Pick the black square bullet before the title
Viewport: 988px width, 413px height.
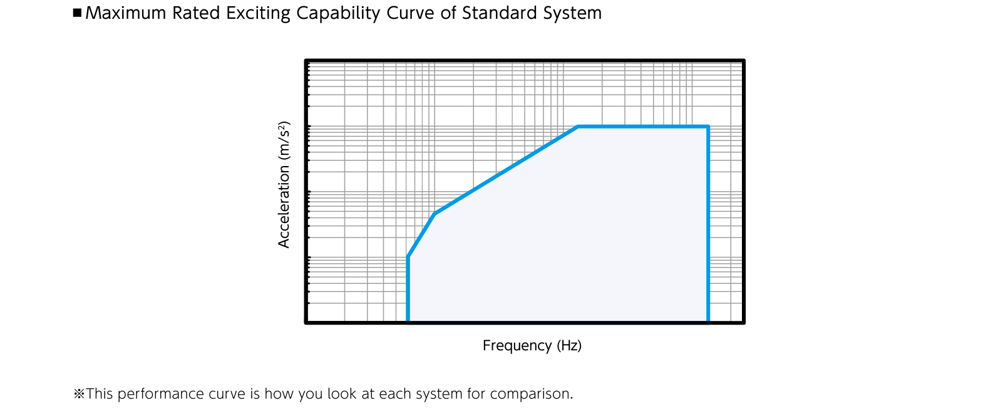[x=77, y=13]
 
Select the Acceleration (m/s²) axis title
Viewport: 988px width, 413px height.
[x=284, y=185]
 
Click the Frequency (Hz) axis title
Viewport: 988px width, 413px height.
[x=532, y=345]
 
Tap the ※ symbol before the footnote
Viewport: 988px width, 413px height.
[x=79, y=394]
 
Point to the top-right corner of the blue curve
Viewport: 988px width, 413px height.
[x=708, y=127]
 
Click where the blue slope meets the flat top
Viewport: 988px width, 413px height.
[x=578, y=127]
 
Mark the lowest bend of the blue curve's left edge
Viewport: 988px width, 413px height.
[x=408, y=256]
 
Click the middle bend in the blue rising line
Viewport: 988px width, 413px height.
[x=435, y=214]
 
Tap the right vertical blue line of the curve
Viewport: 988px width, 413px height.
[x=708, y=224]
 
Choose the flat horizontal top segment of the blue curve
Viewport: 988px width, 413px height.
[x=643, y=127]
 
